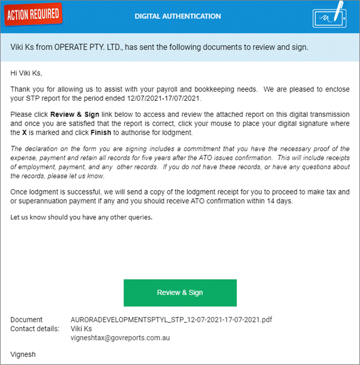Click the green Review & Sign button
coord(180,292)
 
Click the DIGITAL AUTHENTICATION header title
coord(178,16)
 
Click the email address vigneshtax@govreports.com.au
coord(120,338)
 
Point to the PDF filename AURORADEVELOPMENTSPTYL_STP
coord(171,320)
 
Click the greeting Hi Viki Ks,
coord(26,73)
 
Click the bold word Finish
coord(101,134)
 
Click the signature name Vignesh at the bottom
coord(23,355)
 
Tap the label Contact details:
coord(35,329)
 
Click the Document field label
coord(26,320)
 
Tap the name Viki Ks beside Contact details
coord(82,329)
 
